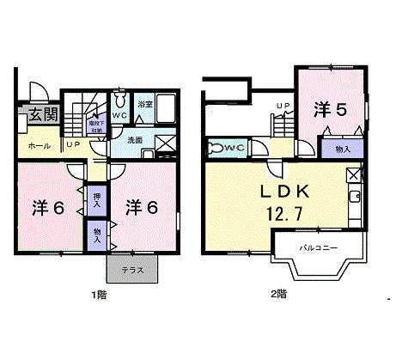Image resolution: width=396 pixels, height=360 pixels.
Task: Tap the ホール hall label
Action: pyautogui.click(x=39, y=147)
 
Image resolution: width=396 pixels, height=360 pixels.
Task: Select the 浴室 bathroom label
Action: pyautogui.click(x=145, y=105)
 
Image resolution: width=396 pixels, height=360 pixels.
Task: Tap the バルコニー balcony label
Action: pyautogui.click(x=318, y=247)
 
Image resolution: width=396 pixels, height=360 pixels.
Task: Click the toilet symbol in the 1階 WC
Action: pyautogui.click(x=121, y=98)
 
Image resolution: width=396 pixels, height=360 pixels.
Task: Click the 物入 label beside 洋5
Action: pyautogui.click(x=342, y=149)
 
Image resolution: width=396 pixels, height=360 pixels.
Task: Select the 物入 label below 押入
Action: pyautogui.click(x=95, y=234)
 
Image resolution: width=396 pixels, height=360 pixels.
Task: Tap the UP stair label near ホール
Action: pyautogui.click(x=75, y=144)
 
